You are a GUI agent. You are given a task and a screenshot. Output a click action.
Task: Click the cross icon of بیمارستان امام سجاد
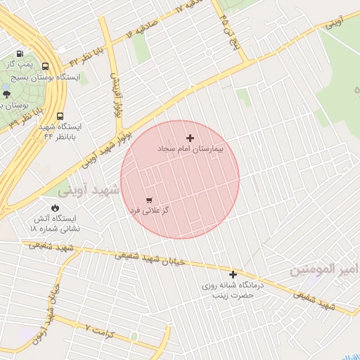190,138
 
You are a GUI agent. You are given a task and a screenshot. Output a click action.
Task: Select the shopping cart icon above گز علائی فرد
149,200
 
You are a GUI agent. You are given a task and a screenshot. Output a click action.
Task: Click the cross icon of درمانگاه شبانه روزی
233,274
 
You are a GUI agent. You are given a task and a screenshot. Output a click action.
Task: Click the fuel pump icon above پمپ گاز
19,53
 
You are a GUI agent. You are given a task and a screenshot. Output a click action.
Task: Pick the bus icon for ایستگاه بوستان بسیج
46,65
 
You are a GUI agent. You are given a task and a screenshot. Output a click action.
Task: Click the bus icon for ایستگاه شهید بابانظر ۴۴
59,116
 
